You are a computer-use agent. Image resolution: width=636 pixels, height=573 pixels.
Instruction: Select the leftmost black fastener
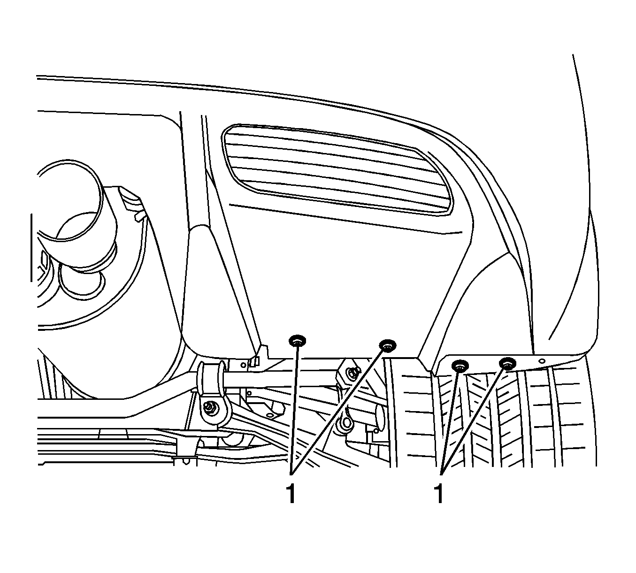[298, 341]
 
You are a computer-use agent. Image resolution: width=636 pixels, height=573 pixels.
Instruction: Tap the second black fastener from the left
[388, 345]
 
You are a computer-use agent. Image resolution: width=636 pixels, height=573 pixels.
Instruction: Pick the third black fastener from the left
[460, 366]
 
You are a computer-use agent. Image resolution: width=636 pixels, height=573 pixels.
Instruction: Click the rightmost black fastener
[507, 363]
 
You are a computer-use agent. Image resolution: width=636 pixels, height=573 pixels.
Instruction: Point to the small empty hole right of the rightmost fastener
[542, 361]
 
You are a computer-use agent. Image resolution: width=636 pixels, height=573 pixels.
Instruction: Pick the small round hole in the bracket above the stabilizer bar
[243, 365]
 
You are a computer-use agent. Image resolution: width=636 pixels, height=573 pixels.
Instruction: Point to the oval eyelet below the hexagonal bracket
[346, 423]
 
